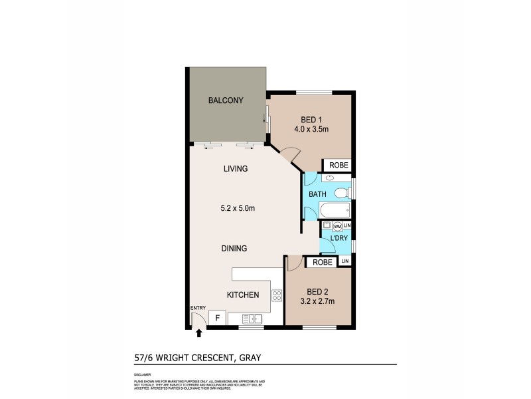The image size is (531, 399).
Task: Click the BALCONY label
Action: pyautogui.click(x=226, y=101)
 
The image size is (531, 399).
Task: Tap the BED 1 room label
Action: pyautogui.click(x=307, y=120)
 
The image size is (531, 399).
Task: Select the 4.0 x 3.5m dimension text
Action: pyautogui.click(x=311, y=131)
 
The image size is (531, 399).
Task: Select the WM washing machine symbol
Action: pyautogui.click(x=337, y=227)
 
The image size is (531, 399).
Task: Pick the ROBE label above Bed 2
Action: pyautogui.click(x=322, y=263)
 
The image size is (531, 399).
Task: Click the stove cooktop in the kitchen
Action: pyautogui.click(x=275, y=296)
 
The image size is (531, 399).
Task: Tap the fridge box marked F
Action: pyautogui.click(x=216, y=319)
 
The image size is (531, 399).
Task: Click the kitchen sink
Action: pyautogui.click(x=254, y=320)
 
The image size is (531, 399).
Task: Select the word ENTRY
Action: pyautogui.click(x=198, y=307)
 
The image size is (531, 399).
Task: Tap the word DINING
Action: pyautogui.click(x=234, y=249)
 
